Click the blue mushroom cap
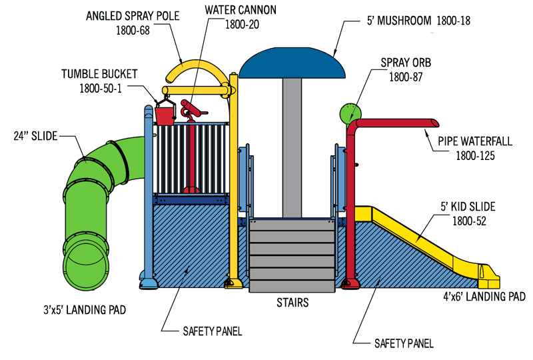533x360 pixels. coord(293,63)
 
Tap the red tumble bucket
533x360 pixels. coord(165,114)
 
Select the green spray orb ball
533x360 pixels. coord(348,114)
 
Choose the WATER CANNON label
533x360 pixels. coord(241,11)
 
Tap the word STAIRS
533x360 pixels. coord(293,303)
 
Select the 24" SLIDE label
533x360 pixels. coord(35,136)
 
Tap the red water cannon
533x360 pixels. coord(191,111)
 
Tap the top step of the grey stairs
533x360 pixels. coord(292,225)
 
